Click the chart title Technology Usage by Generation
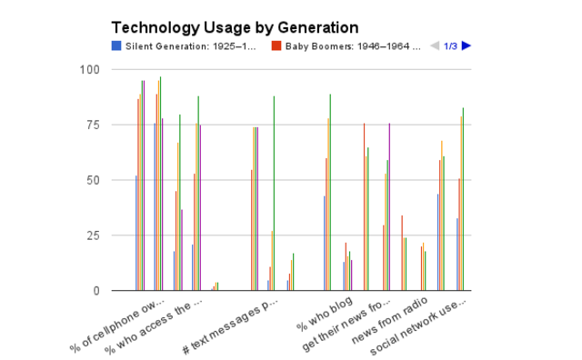tap(235, 28)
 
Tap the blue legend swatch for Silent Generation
tap(115, 46)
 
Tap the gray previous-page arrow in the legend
tap(435, 46)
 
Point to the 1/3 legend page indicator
tap(450, 46)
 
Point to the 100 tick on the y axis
tap(90, 69)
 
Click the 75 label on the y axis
tap(93, 125)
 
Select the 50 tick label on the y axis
tap(93, 180)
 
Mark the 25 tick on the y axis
tap(93, 235)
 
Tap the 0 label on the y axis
tap(96, 291)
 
